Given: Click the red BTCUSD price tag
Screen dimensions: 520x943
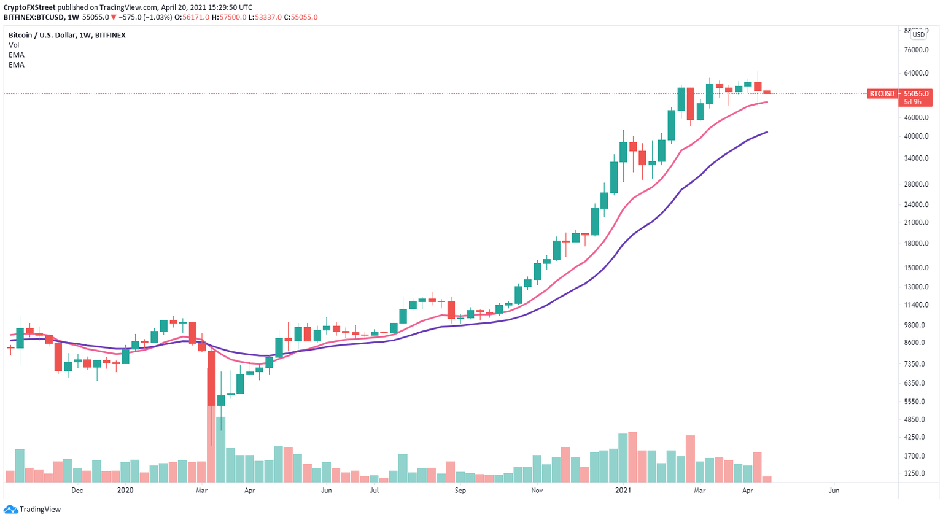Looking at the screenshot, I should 882,94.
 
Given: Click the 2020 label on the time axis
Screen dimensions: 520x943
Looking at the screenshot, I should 125,491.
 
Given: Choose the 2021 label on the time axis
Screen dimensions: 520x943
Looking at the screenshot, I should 623,491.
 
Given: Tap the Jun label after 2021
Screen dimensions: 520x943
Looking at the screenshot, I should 834,491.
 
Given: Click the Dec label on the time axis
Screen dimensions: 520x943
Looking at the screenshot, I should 77,491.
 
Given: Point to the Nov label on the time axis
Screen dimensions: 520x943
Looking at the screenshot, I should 537,491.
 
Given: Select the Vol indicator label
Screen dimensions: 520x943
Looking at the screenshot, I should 14,45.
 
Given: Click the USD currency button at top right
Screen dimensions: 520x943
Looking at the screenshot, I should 918,35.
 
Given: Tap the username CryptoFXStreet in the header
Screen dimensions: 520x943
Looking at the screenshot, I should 29,7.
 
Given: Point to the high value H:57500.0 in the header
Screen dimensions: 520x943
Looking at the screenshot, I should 228,17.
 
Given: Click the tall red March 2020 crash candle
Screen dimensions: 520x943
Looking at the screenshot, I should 212,378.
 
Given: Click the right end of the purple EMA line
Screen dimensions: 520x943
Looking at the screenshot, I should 767,132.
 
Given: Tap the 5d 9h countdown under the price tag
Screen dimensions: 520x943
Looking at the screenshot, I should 913,102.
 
